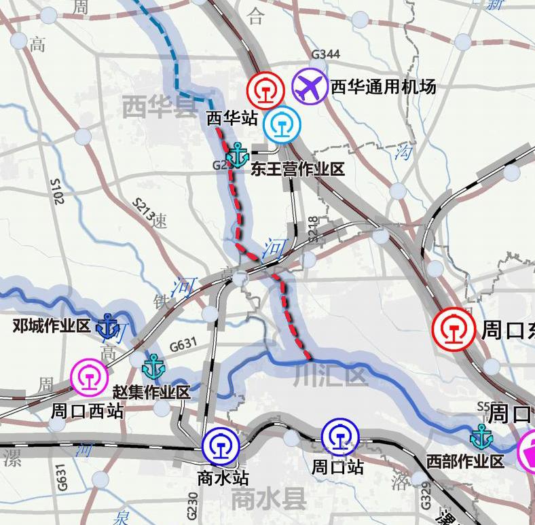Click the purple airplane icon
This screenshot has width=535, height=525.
(310, 86)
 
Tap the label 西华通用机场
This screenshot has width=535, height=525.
(383, 87)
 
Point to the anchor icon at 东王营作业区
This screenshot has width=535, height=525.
(238, 156)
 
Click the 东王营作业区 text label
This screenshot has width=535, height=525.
(297, 169)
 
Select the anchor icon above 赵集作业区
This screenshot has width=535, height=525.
(154, 366)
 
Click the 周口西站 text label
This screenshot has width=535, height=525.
(87, 411)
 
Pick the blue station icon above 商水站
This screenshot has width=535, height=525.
(221, 445)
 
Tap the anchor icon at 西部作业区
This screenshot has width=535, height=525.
(482, 437)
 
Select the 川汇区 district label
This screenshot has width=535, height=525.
(331, 376)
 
